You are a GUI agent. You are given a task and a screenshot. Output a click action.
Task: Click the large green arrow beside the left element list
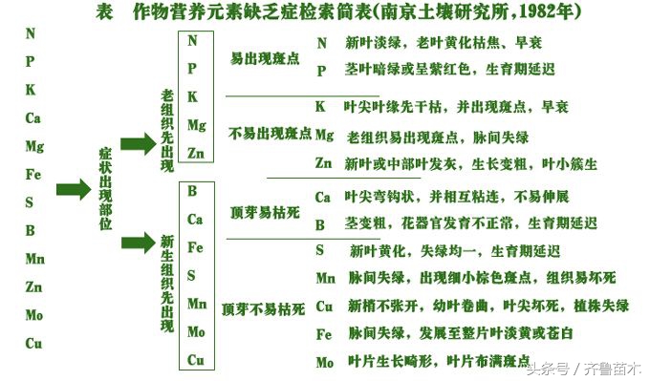tap(74, 189)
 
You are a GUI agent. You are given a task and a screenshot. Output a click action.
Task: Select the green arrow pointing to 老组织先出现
tap(137, 144)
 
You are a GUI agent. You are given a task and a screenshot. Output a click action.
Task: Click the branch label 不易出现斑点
tap(271, 135)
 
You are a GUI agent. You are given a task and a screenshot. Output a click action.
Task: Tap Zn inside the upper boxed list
tap(196, 153)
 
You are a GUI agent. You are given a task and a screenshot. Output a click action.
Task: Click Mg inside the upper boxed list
tap(196, 125)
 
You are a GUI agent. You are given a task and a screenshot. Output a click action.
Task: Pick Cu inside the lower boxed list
tap(196, 360)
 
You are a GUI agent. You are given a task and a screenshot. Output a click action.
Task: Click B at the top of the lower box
tap(193, 191)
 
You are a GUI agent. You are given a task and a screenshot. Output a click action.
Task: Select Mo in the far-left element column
tap(34, 314)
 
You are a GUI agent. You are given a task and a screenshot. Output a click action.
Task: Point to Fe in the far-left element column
tap(34, 175)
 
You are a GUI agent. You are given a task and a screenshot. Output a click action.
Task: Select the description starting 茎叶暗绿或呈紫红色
tap(449, 70)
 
